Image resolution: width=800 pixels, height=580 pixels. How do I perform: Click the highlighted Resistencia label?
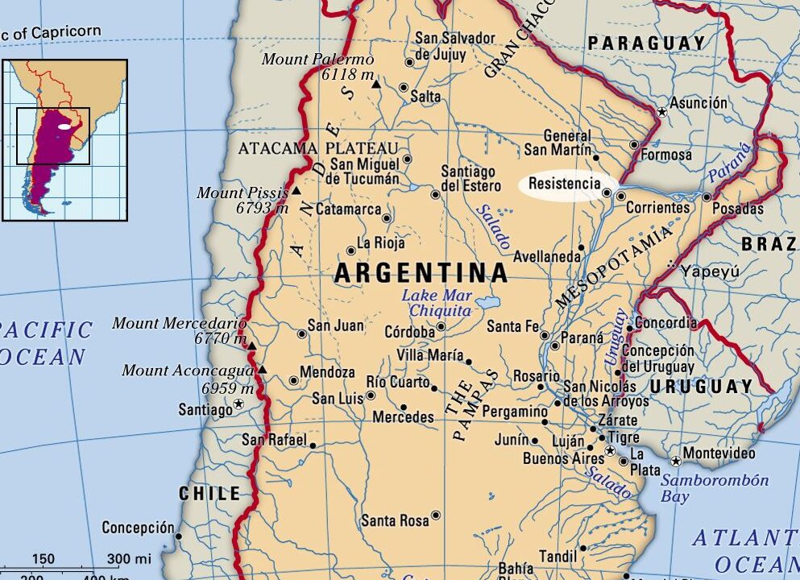click(x=565, y=184)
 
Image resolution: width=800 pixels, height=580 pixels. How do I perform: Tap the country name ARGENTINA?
click(x=421, y=273)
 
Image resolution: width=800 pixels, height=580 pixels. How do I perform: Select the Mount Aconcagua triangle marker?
click(x=262, y=370)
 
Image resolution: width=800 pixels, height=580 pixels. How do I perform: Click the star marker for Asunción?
click(x=662, y=111)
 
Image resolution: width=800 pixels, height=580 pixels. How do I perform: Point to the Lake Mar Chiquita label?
click(x=436, y=303)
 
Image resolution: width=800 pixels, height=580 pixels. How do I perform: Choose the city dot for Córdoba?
click(x=441, y=327)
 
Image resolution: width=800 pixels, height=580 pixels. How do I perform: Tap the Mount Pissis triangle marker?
click(x=296, y=191)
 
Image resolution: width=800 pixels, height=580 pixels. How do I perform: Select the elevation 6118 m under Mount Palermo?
click(x=347, y=75)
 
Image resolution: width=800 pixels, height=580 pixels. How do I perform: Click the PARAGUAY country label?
click(x=646, y=43)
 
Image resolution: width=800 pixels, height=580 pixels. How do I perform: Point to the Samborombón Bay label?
click(x=715, y=488)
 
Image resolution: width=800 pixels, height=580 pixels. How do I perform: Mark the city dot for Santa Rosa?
click(x=436, y=515)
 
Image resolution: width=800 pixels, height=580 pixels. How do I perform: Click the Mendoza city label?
click(x=327, y=373)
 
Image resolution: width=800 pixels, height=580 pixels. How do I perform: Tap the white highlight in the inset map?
click(x=64, y=126)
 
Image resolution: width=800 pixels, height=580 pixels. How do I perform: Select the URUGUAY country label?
click(x=701, y=387)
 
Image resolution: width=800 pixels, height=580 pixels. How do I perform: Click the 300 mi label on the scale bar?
click(x=129, y=559)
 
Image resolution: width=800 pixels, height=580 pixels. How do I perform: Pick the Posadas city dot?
click(x=707, y=197)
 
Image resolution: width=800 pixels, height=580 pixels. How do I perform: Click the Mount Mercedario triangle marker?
click(x=251, y=346)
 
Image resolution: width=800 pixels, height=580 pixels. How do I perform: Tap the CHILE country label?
click(x=209, y=493)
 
